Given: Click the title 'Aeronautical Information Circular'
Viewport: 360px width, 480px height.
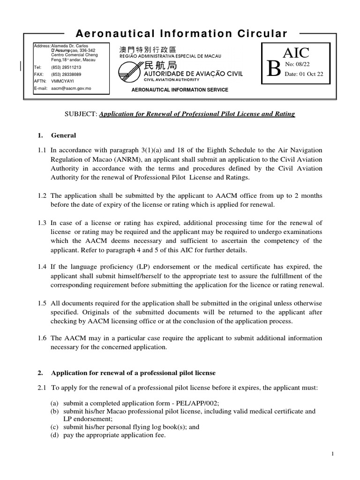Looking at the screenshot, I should pos(181,34).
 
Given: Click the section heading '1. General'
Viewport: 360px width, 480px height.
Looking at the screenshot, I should pos(57,135).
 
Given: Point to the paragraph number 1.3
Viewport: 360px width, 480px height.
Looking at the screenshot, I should pos(42,223).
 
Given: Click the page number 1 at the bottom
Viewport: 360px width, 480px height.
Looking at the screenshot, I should pos(331,454).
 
